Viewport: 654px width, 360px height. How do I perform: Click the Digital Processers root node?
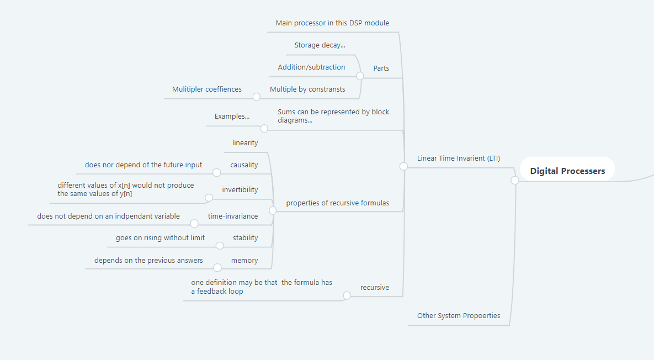coord(567,171)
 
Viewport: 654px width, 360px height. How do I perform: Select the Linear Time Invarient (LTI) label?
coord(458,158)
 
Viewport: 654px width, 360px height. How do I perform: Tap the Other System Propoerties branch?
coord(458,316)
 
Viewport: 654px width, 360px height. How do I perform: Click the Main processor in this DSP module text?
coord(332,23)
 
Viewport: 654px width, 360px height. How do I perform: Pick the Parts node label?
coord(381,68)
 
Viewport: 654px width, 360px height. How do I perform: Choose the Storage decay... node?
coord(320,45)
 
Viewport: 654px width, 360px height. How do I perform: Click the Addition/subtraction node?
coord(311,67)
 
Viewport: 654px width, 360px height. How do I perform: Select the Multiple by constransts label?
coord(307,89)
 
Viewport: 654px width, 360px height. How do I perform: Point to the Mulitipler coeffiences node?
coord(206,89)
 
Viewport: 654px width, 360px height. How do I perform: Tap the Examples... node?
coord(232,117)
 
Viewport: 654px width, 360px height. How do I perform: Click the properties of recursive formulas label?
coord(337,203)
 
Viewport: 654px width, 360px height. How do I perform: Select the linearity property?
coord(245,143)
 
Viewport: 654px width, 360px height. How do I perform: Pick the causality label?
coord(244,165)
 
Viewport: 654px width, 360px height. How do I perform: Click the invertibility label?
coord(240,190)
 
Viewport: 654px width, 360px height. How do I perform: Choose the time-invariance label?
coord(233,216)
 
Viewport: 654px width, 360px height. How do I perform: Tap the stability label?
coord(245,238)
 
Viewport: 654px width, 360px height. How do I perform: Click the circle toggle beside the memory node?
coord(217,268)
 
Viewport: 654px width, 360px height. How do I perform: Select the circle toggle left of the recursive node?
coord(347,295)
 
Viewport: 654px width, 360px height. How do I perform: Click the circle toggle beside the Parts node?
coord(360,76)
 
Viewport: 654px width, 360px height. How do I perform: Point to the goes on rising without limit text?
coord(160,238)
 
